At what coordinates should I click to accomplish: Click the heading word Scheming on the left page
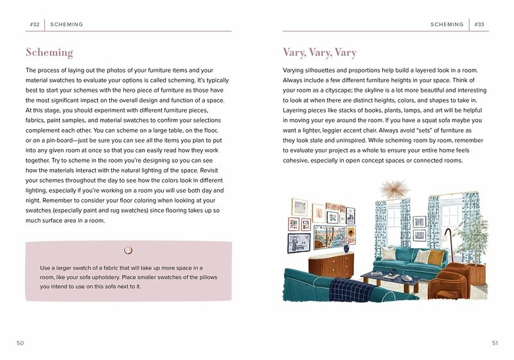(49, 53)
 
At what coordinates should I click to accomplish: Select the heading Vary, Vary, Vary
(319, 53)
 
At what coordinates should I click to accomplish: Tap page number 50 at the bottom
(20, 343)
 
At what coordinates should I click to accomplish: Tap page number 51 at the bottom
(495, 343)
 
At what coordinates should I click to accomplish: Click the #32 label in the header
(35, 24)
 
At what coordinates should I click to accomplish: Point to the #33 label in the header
(479, 24)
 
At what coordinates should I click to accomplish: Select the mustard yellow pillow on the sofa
(437, 256)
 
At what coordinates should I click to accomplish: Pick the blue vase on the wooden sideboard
(347, 248)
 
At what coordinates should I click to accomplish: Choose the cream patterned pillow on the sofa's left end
(388, 253)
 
